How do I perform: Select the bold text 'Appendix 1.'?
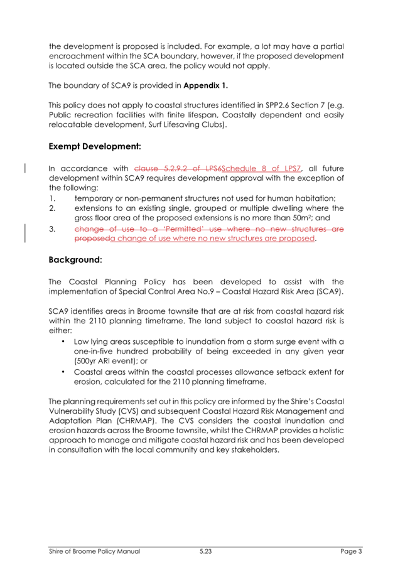(207, 85)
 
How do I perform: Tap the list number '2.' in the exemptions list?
(53, 208)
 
